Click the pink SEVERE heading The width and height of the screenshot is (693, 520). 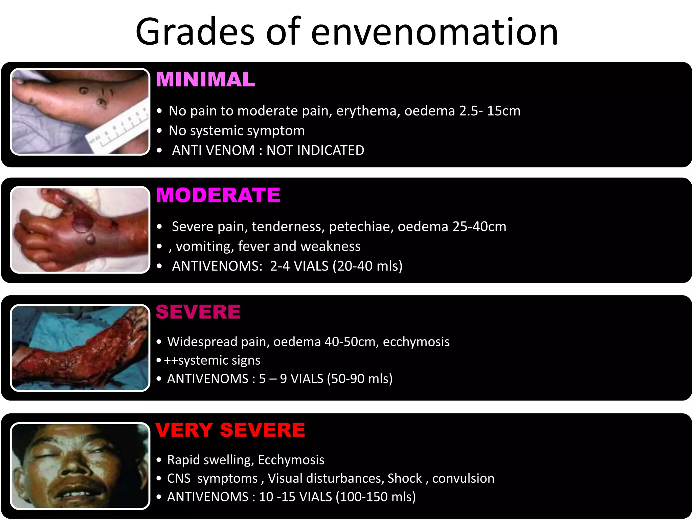click(x=198, y=312)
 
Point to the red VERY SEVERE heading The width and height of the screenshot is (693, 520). click(x=230, y=430)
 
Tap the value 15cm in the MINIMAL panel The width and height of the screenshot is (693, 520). click(x=504, y=111)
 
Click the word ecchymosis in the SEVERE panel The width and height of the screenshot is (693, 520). click(x=416, y=342)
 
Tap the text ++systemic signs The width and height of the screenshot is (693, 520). click(x=212, y=360)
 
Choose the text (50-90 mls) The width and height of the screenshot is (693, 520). click(x=360, y=378)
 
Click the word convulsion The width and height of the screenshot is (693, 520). click(x=463, y=478)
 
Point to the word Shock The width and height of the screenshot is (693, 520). click(x=405, y=478)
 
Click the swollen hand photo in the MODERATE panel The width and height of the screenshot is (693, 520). click(x=80, y=230)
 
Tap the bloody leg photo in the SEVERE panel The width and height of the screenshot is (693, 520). click(x=80, y=348)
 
